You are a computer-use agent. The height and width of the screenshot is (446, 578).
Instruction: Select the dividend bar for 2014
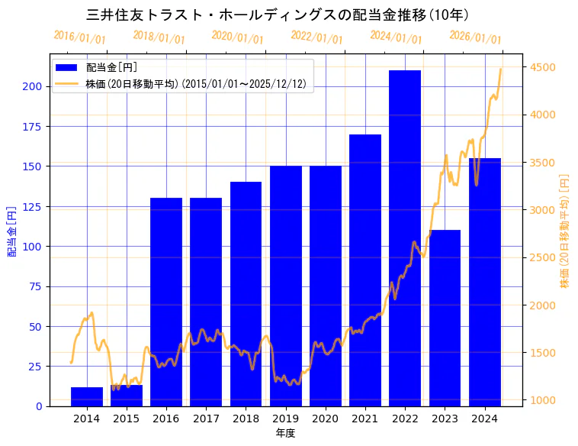point(87,396)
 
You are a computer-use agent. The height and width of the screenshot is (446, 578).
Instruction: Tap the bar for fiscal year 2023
point(445,318)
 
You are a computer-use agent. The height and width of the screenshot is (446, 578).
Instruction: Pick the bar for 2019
point(286,286)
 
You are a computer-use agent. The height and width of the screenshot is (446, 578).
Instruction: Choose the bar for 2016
point(166,302)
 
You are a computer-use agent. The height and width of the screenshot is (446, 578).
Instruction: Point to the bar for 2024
point(485,282)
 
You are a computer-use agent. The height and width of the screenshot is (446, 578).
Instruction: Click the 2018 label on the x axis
point(246,419)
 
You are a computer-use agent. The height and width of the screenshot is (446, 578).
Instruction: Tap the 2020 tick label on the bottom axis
point(326,419)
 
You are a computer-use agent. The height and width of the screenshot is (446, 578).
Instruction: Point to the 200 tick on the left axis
point(33,86)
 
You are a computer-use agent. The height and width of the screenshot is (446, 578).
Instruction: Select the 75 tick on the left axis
point(36,286)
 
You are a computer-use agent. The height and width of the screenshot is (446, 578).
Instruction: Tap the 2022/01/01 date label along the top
point(317,37)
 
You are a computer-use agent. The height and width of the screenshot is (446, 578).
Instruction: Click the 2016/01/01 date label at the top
point(80,37)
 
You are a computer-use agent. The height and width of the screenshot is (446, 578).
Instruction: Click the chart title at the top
point(278,15)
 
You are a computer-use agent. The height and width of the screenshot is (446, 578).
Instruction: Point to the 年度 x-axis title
point(286,433)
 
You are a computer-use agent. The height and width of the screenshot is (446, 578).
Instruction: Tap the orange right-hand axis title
point(564,230)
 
